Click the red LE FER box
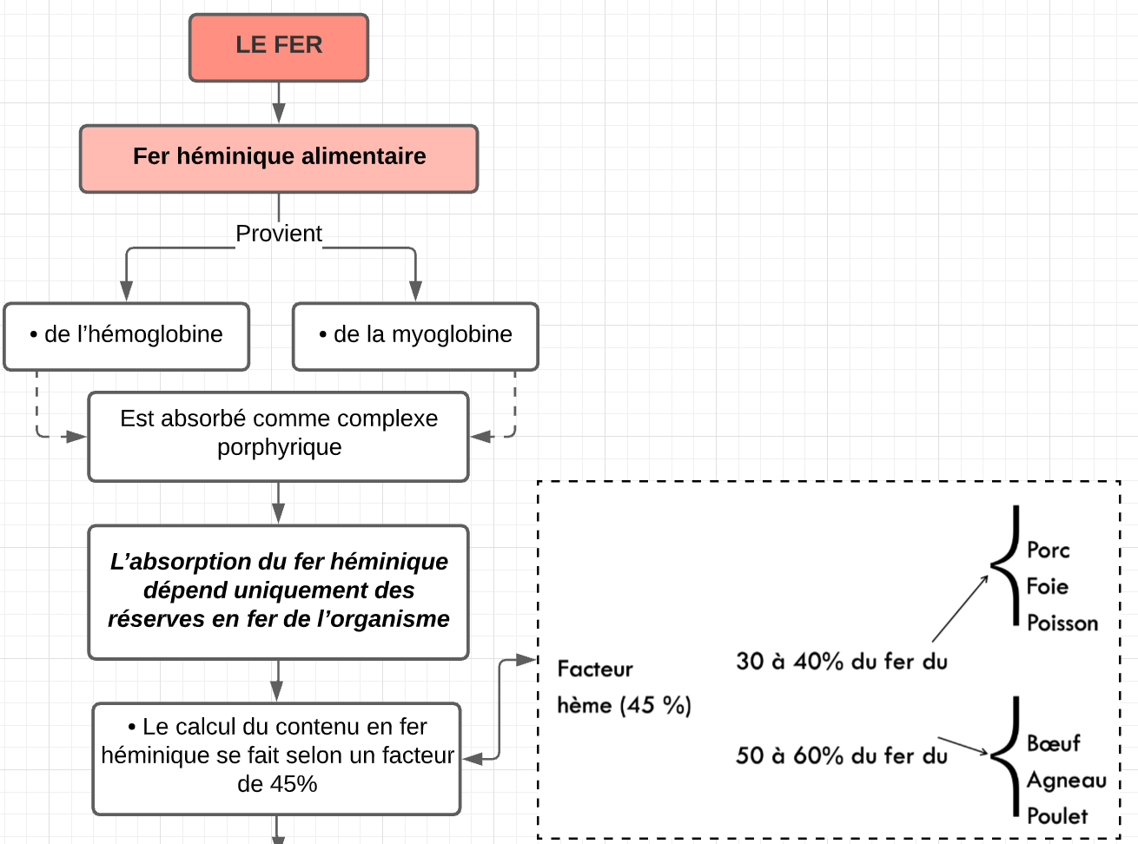pyautogui.click(x=279, y=47)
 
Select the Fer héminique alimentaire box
pyautogui.click(x=279, y=158)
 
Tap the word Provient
pyautogui.click(x=279, y=234)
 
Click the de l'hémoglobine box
pyautogui.click(x=127, y=336)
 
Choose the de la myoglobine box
pyautogui.click(x=415, y=336)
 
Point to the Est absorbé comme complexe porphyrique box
pyautogui.click(x=279, y=436)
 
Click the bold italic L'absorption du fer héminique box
pyautogui.click(x=279, y=591)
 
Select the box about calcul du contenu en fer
pyautogui.click(x=277, y=758)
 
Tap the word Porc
pyautogui.click(x=1048, y=551)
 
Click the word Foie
pyautogui.click(x=1047, y=587)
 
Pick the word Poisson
pyautogui.click(x=1062, y=623)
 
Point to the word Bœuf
pyautogui.click(x=1053, y=744)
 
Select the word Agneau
pyautogui.click(x=1066, y=781)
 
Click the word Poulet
pyautogui.click(x=1056, y=816)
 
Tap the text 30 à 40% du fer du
pyautogui.click(x=841, y=662)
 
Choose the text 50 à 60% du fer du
pyautogui.click(x=841, y=756)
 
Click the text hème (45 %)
pyautogui.click(x=624, y=705)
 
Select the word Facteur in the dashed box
pyautogui.click(x=595, y=669)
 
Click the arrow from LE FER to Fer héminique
pyautogui.click(x=279, y=102)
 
